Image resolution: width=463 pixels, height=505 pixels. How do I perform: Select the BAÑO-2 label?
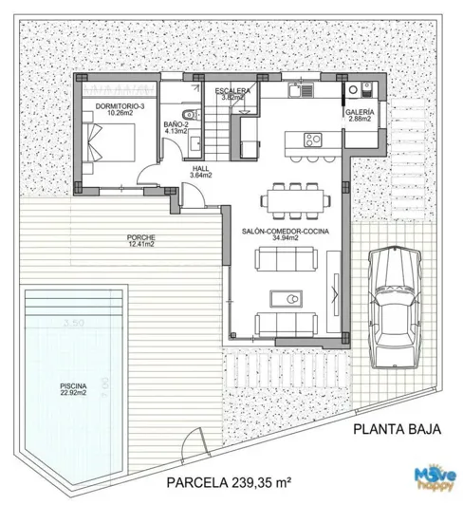click(176, 124)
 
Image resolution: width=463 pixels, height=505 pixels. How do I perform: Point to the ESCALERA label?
click(231, 90)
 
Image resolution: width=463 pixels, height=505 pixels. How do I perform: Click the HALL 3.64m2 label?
click(199, 171)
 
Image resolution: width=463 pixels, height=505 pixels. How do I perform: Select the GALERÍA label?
click(360, 113)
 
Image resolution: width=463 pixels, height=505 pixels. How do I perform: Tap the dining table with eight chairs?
click(293, 200)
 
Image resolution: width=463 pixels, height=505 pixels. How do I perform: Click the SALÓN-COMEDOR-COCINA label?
click(284, 232)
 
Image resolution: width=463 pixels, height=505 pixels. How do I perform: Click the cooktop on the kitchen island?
click(311, 140)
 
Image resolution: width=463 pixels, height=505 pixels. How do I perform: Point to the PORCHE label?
click(140, 237)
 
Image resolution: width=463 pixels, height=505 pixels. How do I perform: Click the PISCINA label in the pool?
click(73, 384)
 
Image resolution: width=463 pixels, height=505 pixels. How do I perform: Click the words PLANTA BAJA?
click(391, 428)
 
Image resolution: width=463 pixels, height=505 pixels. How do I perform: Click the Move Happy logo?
click(432, 479)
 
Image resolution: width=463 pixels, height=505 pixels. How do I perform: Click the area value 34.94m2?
click(284, 239)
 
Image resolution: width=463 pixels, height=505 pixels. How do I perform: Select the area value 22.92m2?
click(73, 392)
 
